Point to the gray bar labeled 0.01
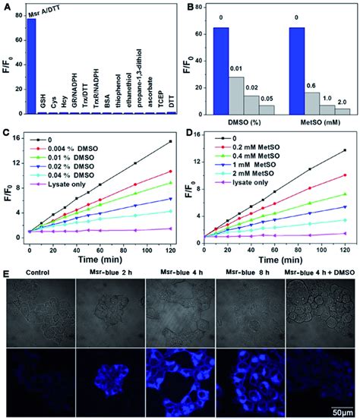coord(237,94)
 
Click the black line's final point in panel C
coord(170,142)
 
